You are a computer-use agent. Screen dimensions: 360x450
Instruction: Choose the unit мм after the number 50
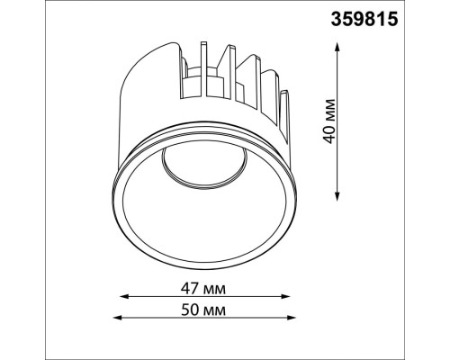[x=215, y=310]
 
